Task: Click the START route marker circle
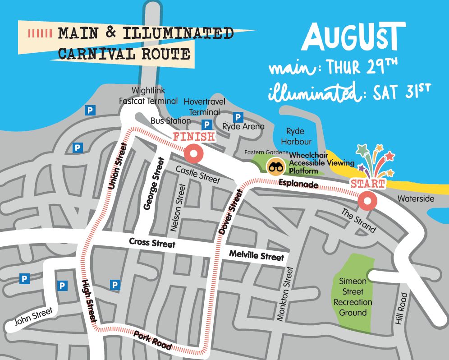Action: pyautogui.click(x=367, y=201)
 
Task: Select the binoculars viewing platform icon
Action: pyautogui.click(x=275, y=167)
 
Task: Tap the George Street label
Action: pyautogui.click(x=153, y=184)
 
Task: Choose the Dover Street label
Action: pyautogui.click(x=230, y=211)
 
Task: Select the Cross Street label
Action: pyautogui.click(x=152, y=243)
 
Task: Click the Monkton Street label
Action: pyautogui.click(x=285, y=294)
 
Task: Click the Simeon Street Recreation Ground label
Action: pyautogui.click(x=353, y=297)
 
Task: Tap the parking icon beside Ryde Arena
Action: pyautogui.click(x=238, y=117)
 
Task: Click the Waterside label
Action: pyautogui.click(x=416, y=199)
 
